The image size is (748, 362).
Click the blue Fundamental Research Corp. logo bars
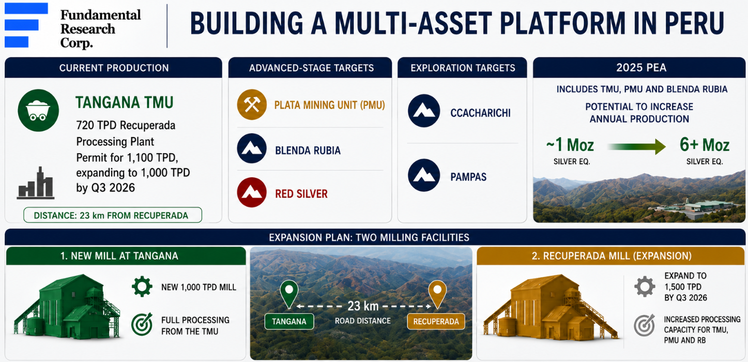point(26,25)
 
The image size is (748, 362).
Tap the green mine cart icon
point(38,110)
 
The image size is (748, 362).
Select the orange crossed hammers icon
point(252,104)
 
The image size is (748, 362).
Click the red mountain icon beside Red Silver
point(252,192)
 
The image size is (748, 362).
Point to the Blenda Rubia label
point(308,150)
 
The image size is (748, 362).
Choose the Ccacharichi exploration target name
point(480,113)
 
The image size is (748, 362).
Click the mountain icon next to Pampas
point(424,175)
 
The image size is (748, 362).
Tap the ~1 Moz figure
point(570,145)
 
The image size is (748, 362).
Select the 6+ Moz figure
point(705,145)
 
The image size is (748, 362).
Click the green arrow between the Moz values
point(636,146)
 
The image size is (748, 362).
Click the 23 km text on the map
point(363,306)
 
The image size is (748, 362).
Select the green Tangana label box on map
point(289,322)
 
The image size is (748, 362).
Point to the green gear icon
point(142,286)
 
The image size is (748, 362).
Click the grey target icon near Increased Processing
point(645,325)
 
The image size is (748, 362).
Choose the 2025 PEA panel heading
point(641,68)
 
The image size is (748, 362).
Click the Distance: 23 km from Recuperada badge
point(113,215)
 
